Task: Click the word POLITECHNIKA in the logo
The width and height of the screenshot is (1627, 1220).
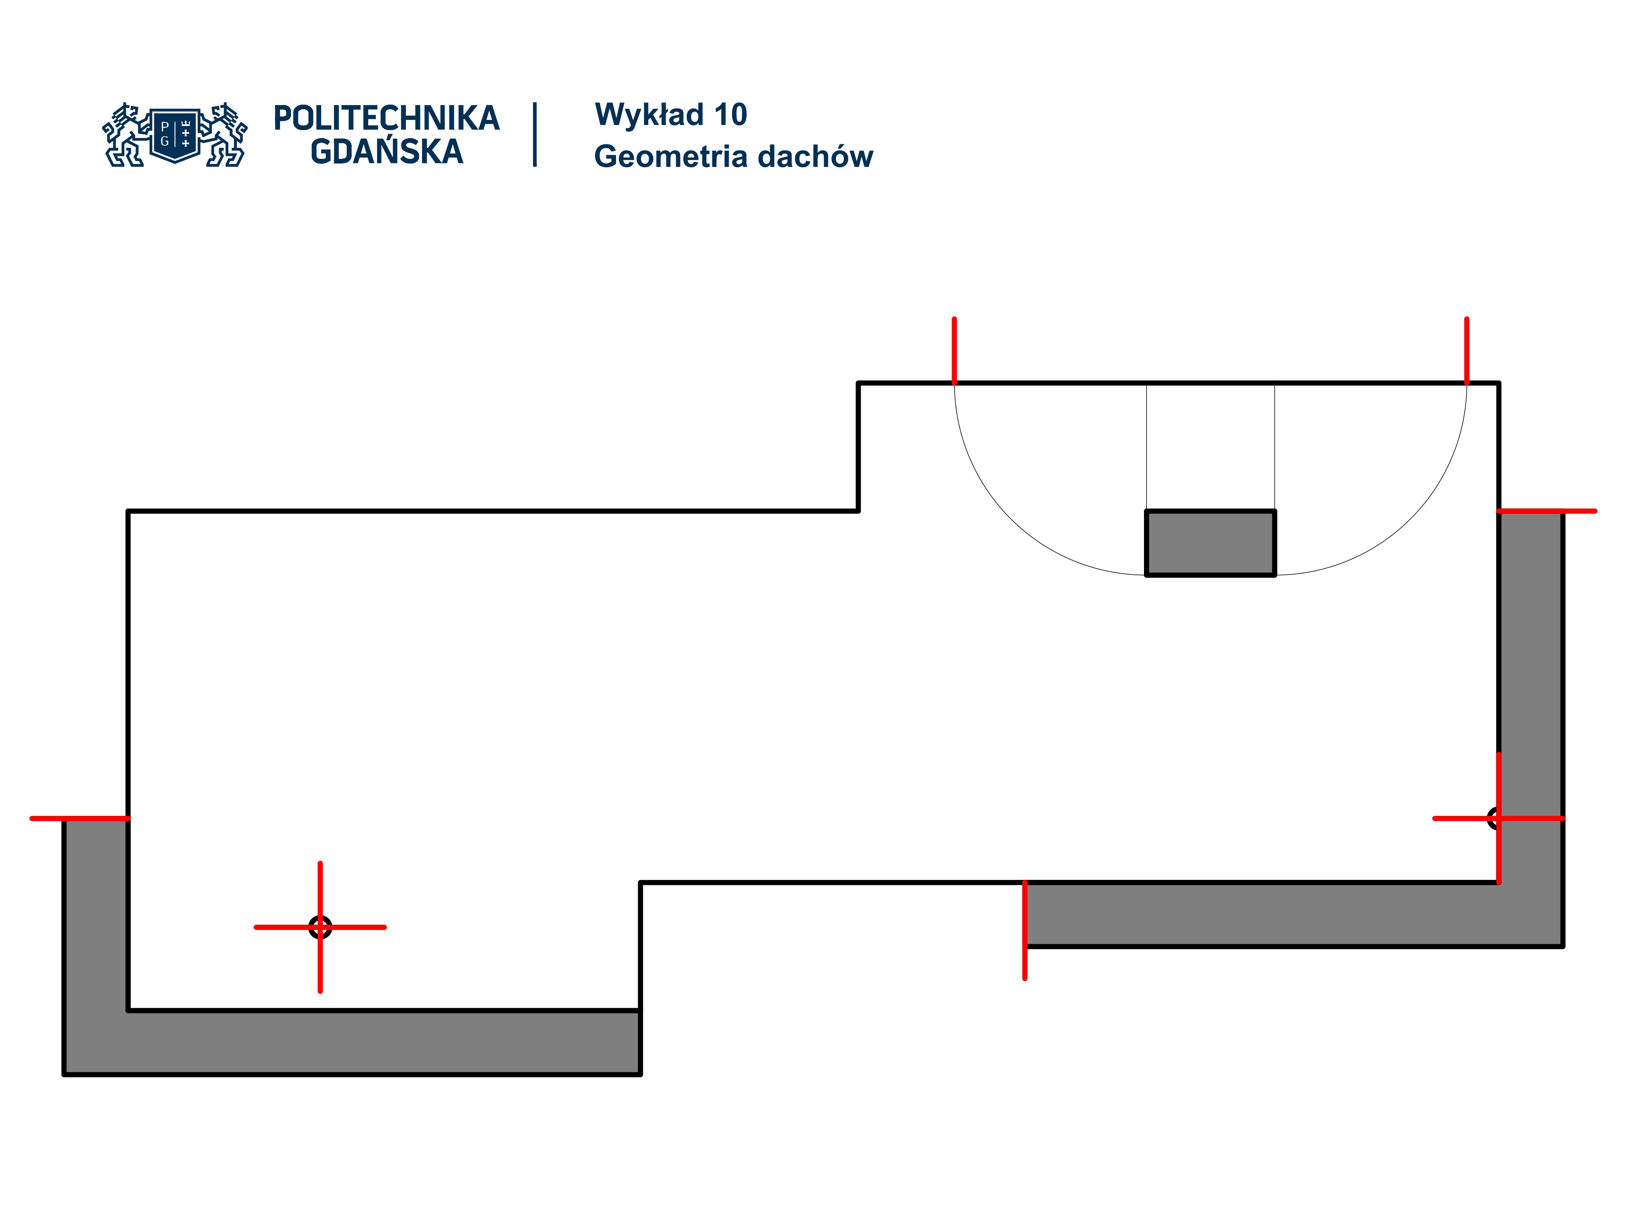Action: pos(386,118)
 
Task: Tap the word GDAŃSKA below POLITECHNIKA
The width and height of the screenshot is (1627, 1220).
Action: pos(386,152)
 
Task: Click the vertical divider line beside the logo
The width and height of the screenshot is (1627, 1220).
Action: pos(535,135)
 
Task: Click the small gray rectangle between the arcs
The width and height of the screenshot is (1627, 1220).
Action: pos(1210,543)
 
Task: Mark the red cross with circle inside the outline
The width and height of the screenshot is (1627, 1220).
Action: pos(320,927)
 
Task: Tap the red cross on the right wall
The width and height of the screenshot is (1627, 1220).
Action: pos(1498,818)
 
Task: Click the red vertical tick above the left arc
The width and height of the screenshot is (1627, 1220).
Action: pos(954,350)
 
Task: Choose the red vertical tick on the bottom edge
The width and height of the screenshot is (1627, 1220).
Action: pos(1025,930)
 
